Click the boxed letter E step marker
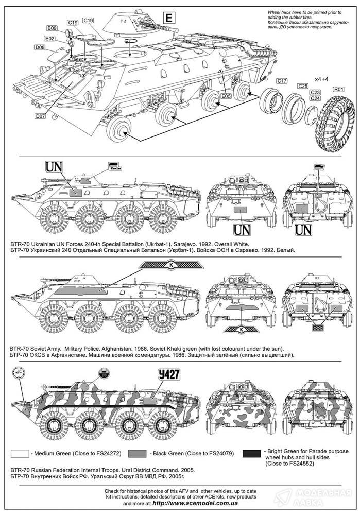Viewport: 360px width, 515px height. tap(168, 19)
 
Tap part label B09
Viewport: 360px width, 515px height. tap(52, 28)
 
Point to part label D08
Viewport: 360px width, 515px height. tap(41, 47)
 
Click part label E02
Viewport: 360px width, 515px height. tap(50, 38)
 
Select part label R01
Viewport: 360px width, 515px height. tap(338, 89)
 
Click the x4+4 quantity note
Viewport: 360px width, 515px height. tap(322, 79)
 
